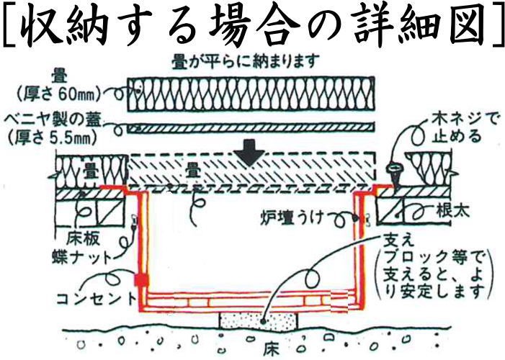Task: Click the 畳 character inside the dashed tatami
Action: point(193,171)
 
